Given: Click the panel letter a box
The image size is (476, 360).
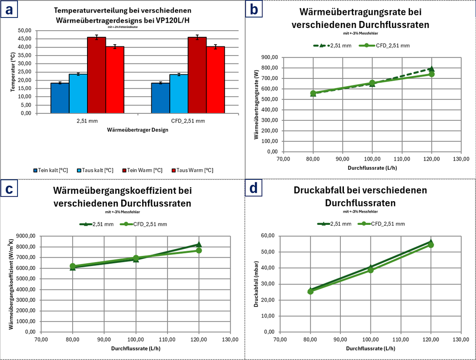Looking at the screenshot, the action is (x=9, y=10).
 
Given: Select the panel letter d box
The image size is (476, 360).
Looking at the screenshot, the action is (x=253, y=188).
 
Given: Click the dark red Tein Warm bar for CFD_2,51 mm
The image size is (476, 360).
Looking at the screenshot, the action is (x=197, y=75).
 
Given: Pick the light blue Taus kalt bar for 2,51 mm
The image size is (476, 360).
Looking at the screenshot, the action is (x=78, y=94).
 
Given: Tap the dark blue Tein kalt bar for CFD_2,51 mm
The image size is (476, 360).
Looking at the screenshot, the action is (x=160, y=98).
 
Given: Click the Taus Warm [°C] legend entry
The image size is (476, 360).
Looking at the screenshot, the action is (x=192, y=170).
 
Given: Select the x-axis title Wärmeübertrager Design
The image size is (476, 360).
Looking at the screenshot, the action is (x=137, y=130).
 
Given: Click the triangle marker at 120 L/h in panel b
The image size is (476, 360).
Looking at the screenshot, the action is (x=432, y=69).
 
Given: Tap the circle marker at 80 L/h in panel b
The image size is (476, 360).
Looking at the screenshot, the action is (x=313, y=93).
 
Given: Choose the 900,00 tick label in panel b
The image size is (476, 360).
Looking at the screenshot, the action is (x=270, y=57).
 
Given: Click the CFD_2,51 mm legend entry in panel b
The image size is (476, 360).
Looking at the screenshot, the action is (x=384, y=45).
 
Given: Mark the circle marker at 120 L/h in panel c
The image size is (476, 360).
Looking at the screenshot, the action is (x=199, y=250).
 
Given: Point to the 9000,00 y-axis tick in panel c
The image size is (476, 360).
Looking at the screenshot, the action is (x=26, y=236).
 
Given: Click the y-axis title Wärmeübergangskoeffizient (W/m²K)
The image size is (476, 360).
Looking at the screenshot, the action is (x=11, y=284).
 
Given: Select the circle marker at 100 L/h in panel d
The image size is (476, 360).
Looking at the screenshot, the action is (x=371, y=270).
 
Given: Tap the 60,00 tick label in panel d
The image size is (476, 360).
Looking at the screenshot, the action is (x=268, y=235).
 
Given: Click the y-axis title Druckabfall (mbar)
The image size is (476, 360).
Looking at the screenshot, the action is (x=256, y=284).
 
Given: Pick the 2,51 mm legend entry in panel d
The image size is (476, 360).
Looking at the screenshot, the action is (x=334, y=224).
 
